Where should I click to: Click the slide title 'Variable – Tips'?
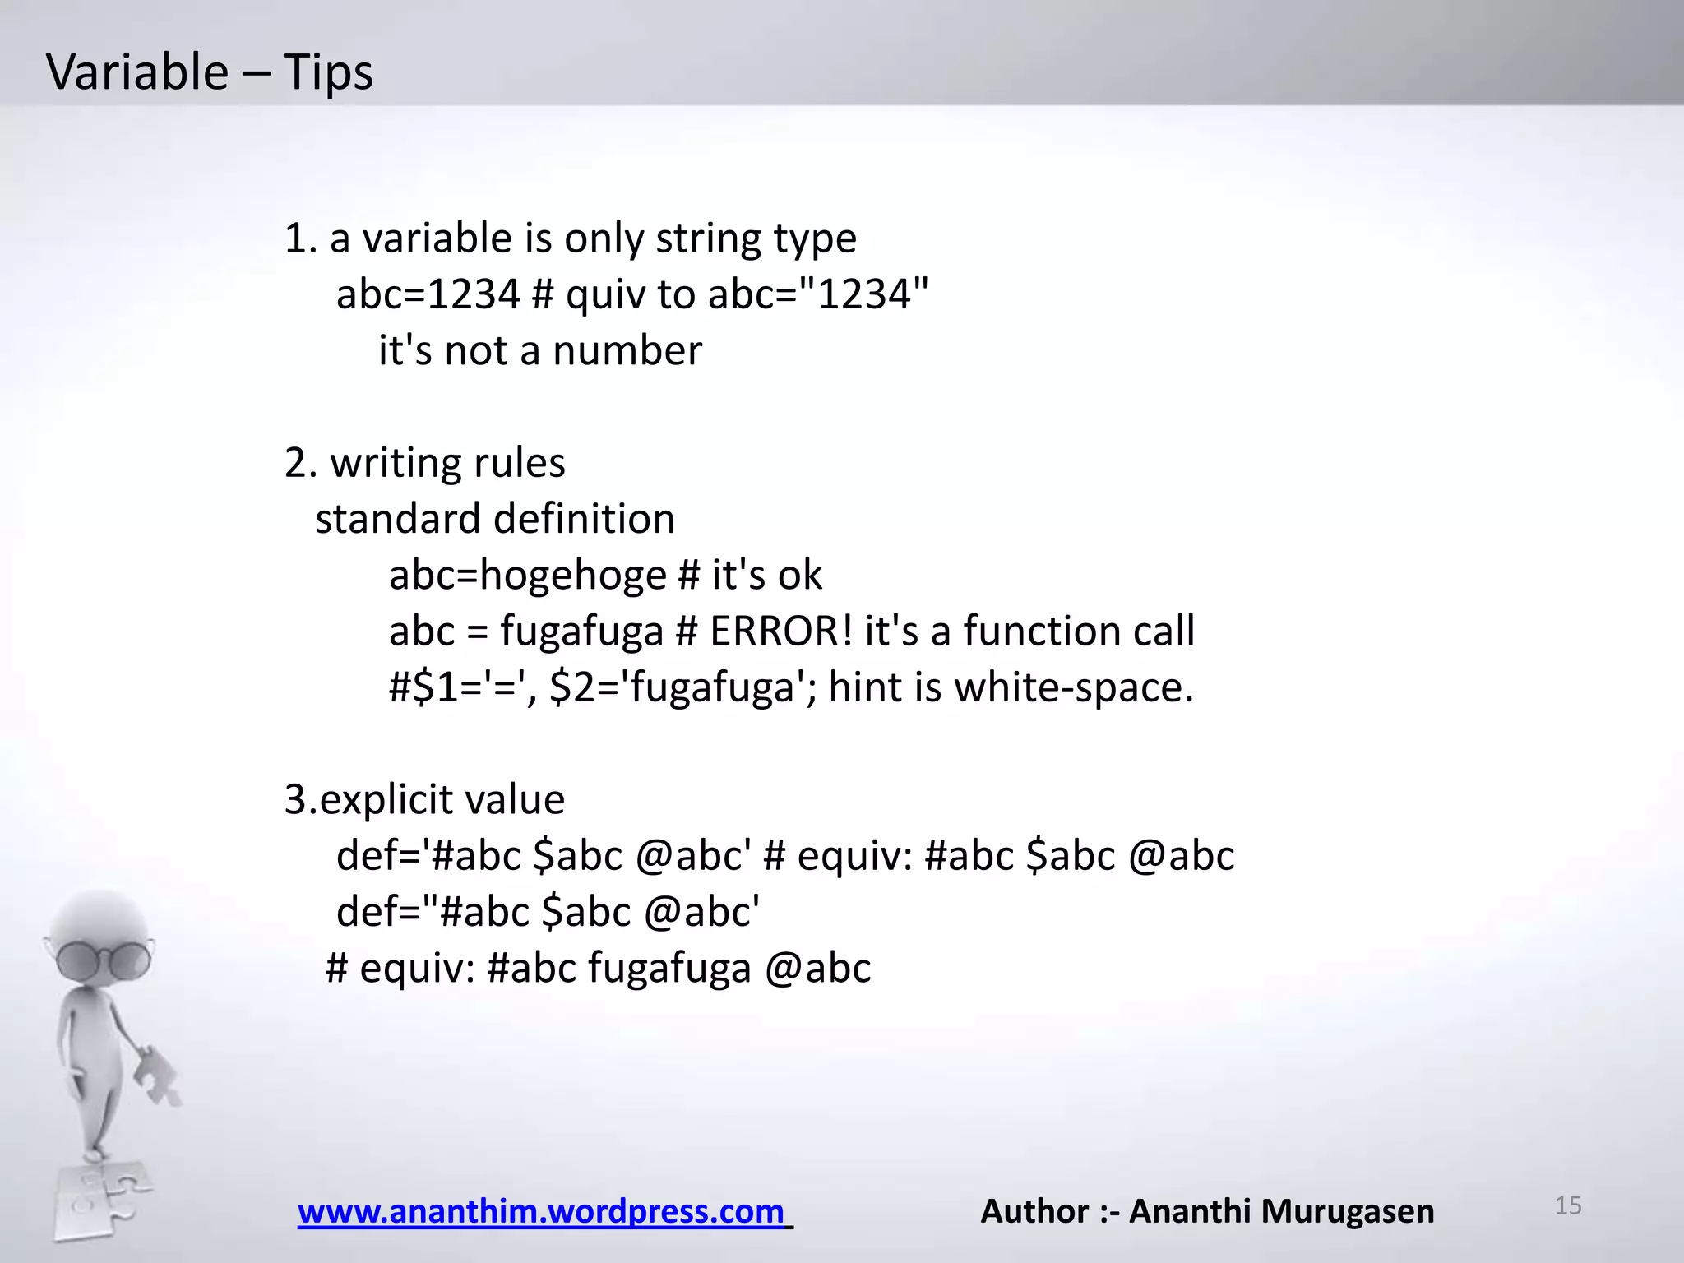coord(210,72)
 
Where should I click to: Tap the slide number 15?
coord(1568,1205)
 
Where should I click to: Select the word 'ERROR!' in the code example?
coord(781,631)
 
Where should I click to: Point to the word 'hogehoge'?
coord(572,575)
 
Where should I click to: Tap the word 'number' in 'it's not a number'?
coord(627,350)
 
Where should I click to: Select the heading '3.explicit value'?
coord(424,799)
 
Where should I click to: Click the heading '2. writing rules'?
coord(424,463)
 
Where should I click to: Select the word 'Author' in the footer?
coord(1034,1211)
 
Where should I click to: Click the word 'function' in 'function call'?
coord(1040,631)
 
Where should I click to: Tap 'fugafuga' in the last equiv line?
coord(669,968)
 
